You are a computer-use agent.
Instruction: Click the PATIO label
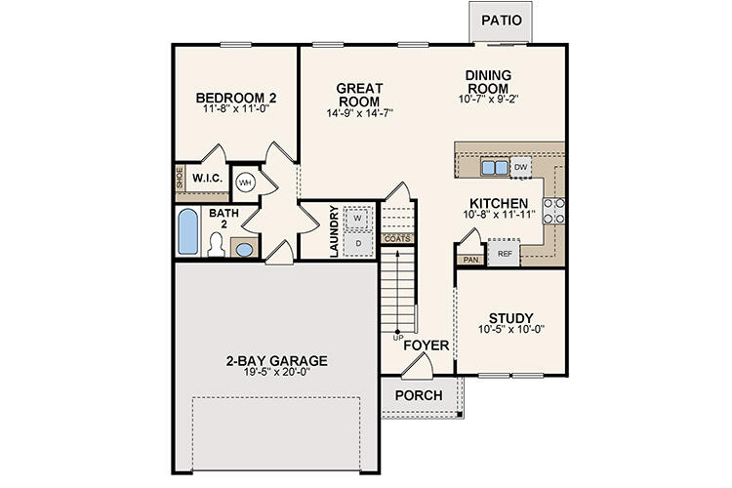click(x=502, y=20)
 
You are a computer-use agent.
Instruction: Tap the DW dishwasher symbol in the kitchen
click(x=521, y=168)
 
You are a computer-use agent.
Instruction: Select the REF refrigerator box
click(x=505, y=254)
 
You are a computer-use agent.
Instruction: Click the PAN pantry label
click(x=469, y=260)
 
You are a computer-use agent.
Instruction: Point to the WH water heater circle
click(x=245, y=182)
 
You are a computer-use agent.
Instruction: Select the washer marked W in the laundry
click(x=357, y=218)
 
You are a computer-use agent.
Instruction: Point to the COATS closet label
click(x=397, y=238)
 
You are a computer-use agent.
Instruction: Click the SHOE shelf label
click(x=180, y=179)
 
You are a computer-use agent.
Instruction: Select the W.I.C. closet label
click(x=207, y=180)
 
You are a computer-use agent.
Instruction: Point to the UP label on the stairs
click(x=397, y=338)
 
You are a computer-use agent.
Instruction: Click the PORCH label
click(x=419, y=395)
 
